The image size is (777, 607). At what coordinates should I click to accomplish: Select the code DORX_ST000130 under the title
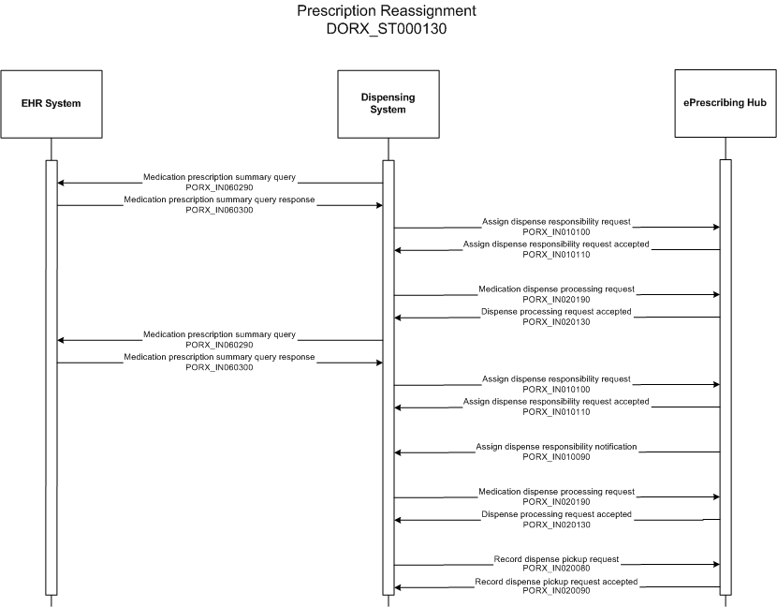(387, 29)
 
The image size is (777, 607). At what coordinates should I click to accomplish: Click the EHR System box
(51, 104)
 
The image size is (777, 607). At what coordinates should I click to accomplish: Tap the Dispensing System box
(388, 104)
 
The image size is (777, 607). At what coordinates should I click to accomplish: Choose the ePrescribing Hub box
(726, 103)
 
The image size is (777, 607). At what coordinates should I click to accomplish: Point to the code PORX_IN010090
(556, 457)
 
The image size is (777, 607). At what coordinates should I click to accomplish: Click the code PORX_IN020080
(556, 569)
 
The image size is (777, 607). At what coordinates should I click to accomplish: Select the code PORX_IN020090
(556, 591)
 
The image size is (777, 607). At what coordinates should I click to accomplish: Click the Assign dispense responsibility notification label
(556, 446)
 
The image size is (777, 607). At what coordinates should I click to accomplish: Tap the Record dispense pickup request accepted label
(556, 581)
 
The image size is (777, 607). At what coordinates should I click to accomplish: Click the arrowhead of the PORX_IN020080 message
(716, 564)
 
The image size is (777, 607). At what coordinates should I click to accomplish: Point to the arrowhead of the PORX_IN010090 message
(398, 452)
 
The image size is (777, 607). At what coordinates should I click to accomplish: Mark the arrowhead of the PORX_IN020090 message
(398, 587)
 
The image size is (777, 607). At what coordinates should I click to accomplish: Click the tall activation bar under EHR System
(51, 378)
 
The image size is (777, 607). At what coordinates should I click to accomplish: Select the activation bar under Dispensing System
(388, 378)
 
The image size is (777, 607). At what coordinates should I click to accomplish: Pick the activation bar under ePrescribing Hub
(726, 377)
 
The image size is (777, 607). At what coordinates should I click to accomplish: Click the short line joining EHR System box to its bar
(51, 149)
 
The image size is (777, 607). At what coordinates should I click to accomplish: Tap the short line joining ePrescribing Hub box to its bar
(726, 148)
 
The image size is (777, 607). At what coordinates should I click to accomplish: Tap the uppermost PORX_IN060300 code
(219, 210)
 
